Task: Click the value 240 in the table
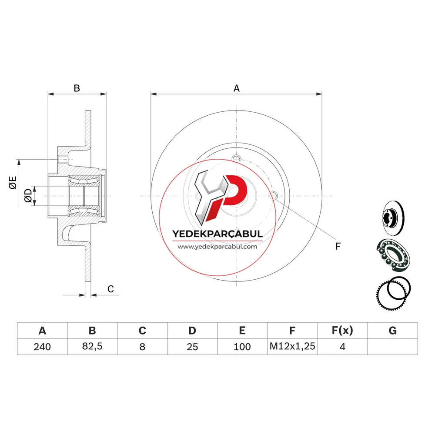pos(42,347)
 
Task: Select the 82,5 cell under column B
pos(92,346)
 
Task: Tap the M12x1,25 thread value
pos(292,346)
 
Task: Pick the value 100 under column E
pos(242,347)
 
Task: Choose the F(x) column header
pos(342,331)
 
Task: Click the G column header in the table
pos(392,331)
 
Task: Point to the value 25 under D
pos(192,347)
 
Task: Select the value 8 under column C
pos(142,347)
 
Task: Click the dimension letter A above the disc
pos(236,88)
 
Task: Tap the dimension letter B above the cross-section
pos(77,88)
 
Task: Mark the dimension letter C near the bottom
pos(110,289)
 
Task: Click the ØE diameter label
pos(13,183)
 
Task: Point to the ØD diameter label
pos(28,196)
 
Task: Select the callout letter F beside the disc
pos(338,246)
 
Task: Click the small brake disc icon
pos(393,217)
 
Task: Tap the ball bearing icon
pos(393,254)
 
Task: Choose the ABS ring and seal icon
pos(393,293)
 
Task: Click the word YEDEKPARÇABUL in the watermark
pos(217,234)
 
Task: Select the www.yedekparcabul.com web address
pos(217,247)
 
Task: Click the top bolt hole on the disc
pos(236,159)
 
